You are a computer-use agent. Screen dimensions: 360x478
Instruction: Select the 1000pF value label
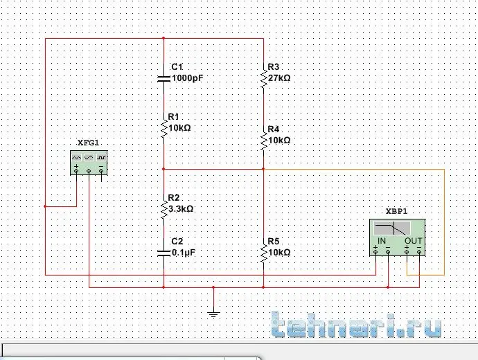(187, 78)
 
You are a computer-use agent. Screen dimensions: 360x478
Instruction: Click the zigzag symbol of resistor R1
(163, 129)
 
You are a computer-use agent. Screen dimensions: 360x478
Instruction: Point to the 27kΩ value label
(278, 78)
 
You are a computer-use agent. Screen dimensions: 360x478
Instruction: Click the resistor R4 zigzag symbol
(263, 141)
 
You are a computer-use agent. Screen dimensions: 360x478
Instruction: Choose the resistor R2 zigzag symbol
(163, 208)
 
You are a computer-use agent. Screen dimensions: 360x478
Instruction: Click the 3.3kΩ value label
(181, 208)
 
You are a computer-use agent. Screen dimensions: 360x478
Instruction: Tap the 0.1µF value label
(184, 253)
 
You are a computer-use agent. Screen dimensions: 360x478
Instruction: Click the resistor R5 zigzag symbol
(263, 253)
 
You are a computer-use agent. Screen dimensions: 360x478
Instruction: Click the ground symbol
(213, 314)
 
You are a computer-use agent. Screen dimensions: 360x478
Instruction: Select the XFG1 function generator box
(90, 163)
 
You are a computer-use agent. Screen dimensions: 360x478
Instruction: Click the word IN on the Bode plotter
(382, 240)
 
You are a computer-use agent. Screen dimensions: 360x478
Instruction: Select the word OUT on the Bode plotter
(413, 240)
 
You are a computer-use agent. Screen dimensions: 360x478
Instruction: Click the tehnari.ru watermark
(356, 325)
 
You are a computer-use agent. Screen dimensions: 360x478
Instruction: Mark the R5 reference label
(273, 241)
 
